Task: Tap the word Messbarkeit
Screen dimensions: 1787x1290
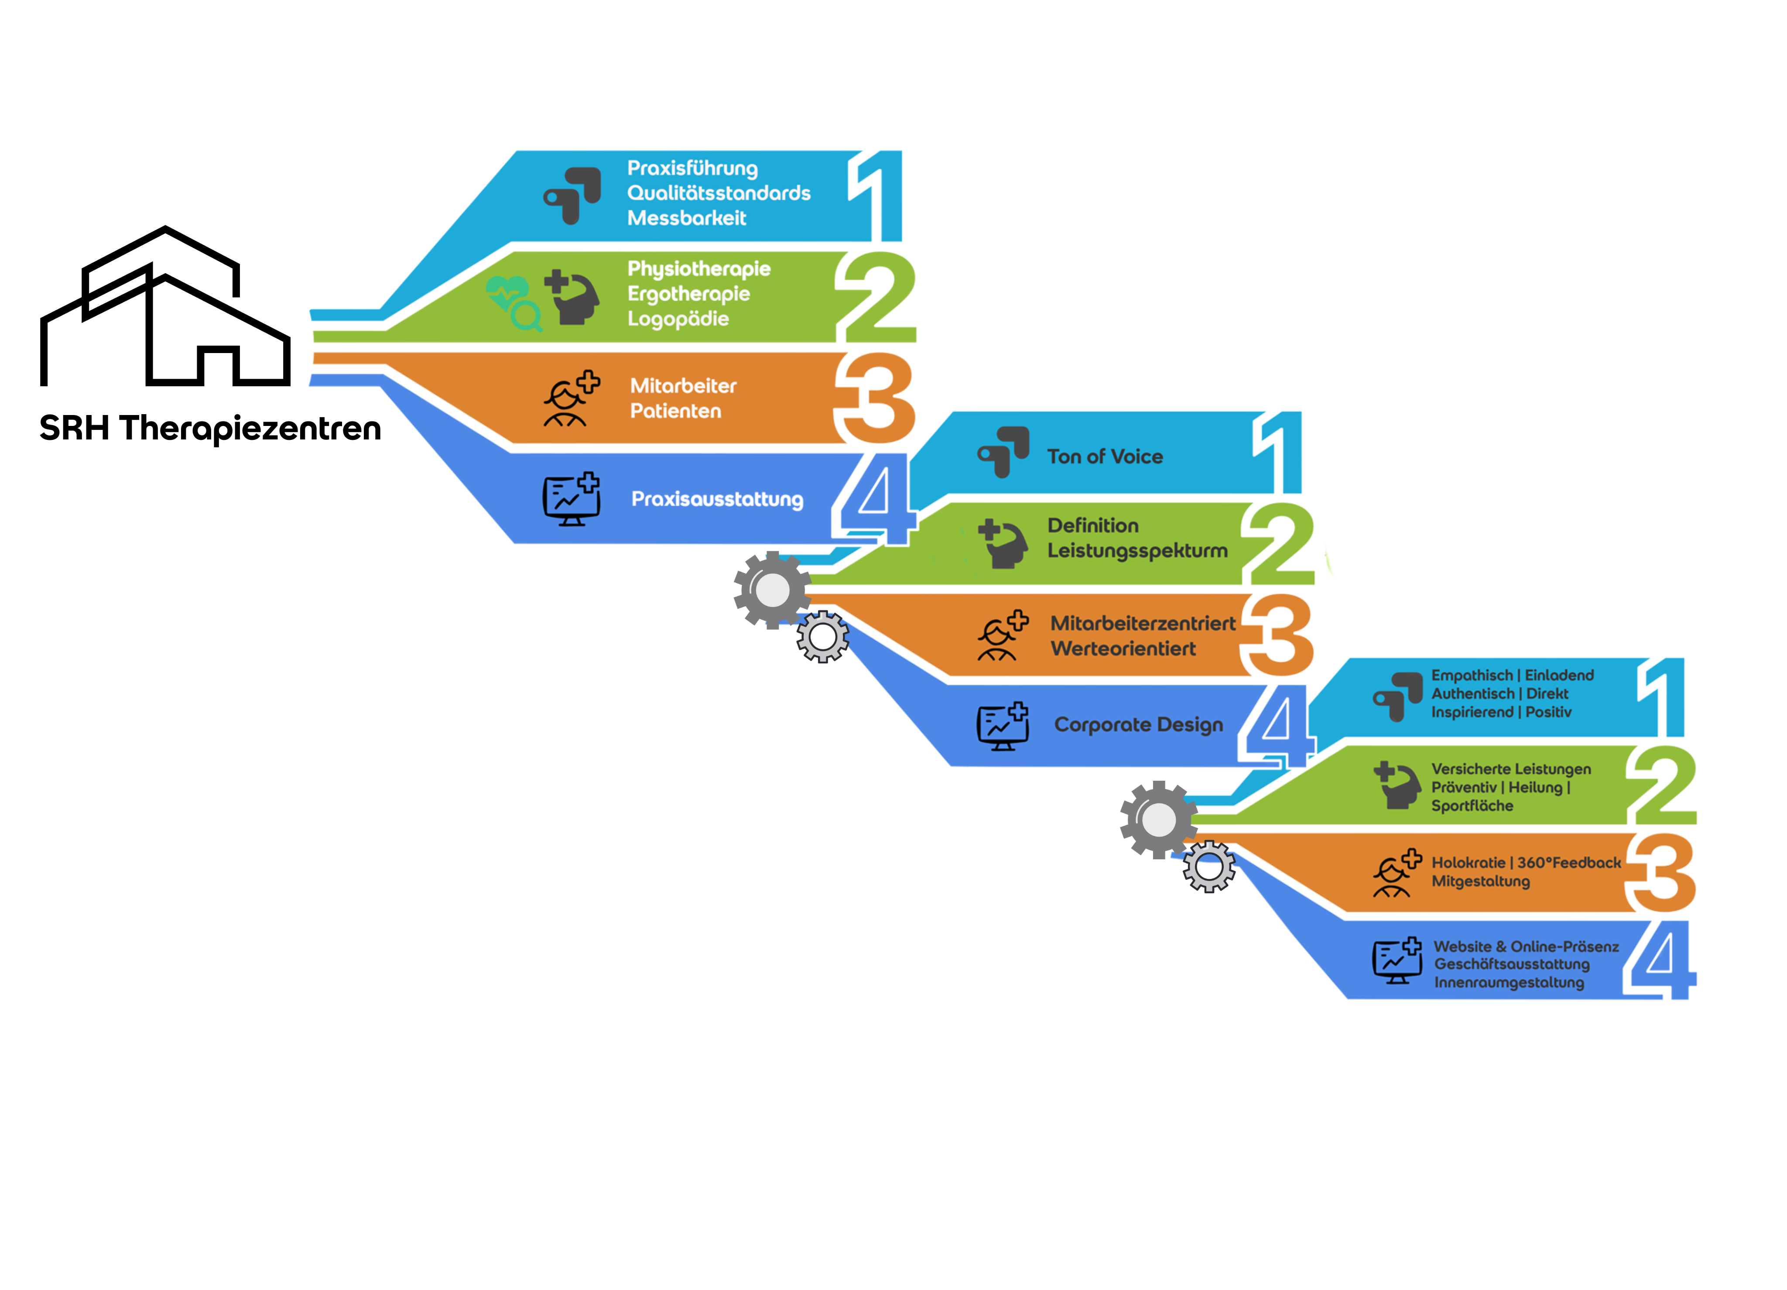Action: point(686,218)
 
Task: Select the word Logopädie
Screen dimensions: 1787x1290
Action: point(678,319)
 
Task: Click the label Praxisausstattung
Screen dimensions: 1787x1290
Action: point(717,500)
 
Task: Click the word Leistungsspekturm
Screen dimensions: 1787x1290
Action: point(1137,551)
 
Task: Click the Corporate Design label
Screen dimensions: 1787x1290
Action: point(1139,725)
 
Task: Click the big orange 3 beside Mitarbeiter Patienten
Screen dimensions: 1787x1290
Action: point(876,398)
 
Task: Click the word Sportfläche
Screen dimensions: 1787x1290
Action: point(1472,806)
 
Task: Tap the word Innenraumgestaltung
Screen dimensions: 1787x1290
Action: point(1508,983)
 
